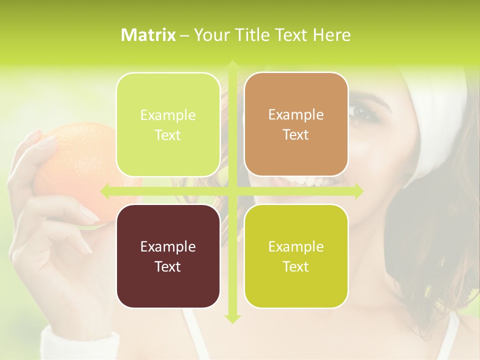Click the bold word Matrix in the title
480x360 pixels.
point(148,35)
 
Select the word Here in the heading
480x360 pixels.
point(331,35)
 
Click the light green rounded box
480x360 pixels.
point(168,124)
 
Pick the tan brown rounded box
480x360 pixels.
point(296,124)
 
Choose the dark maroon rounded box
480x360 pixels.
point(168,256)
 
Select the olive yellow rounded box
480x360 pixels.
point(296,256)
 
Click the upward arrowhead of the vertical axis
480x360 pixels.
point(232,65)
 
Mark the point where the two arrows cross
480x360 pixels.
point(232,191)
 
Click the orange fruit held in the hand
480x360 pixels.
point(80,165)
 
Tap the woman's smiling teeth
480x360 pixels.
point(312,181)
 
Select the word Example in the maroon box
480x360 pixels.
point(168,246)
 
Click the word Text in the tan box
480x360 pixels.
point(296,134)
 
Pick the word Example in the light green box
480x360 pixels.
point(168,115)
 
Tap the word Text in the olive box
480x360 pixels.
point(296,266)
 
